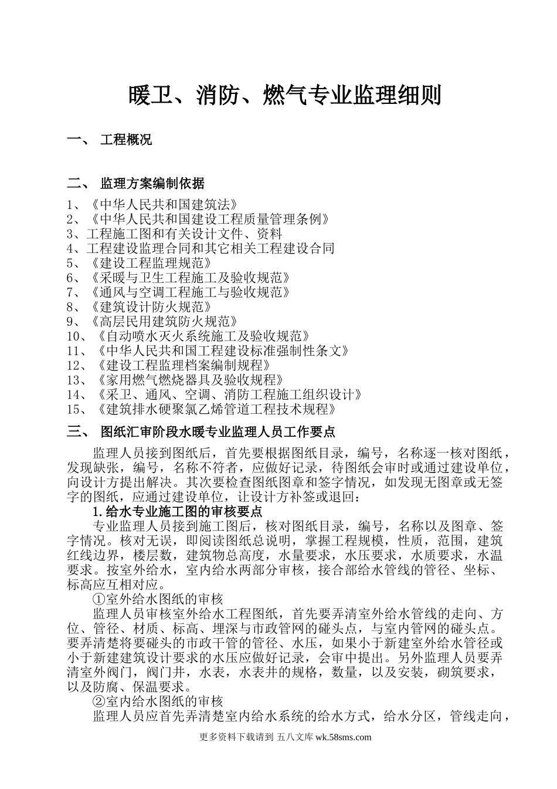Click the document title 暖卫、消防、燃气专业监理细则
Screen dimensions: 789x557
coord(284,96)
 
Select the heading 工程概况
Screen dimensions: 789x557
coord(126,140)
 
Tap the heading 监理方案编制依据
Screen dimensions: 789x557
coord(152,184)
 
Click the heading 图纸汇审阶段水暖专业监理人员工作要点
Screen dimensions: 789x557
coord(218,432)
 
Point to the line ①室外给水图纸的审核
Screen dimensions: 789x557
coord(158,599)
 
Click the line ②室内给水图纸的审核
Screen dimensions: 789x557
coord(158,702)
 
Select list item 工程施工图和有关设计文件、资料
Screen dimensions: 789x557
coord(184,234)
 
